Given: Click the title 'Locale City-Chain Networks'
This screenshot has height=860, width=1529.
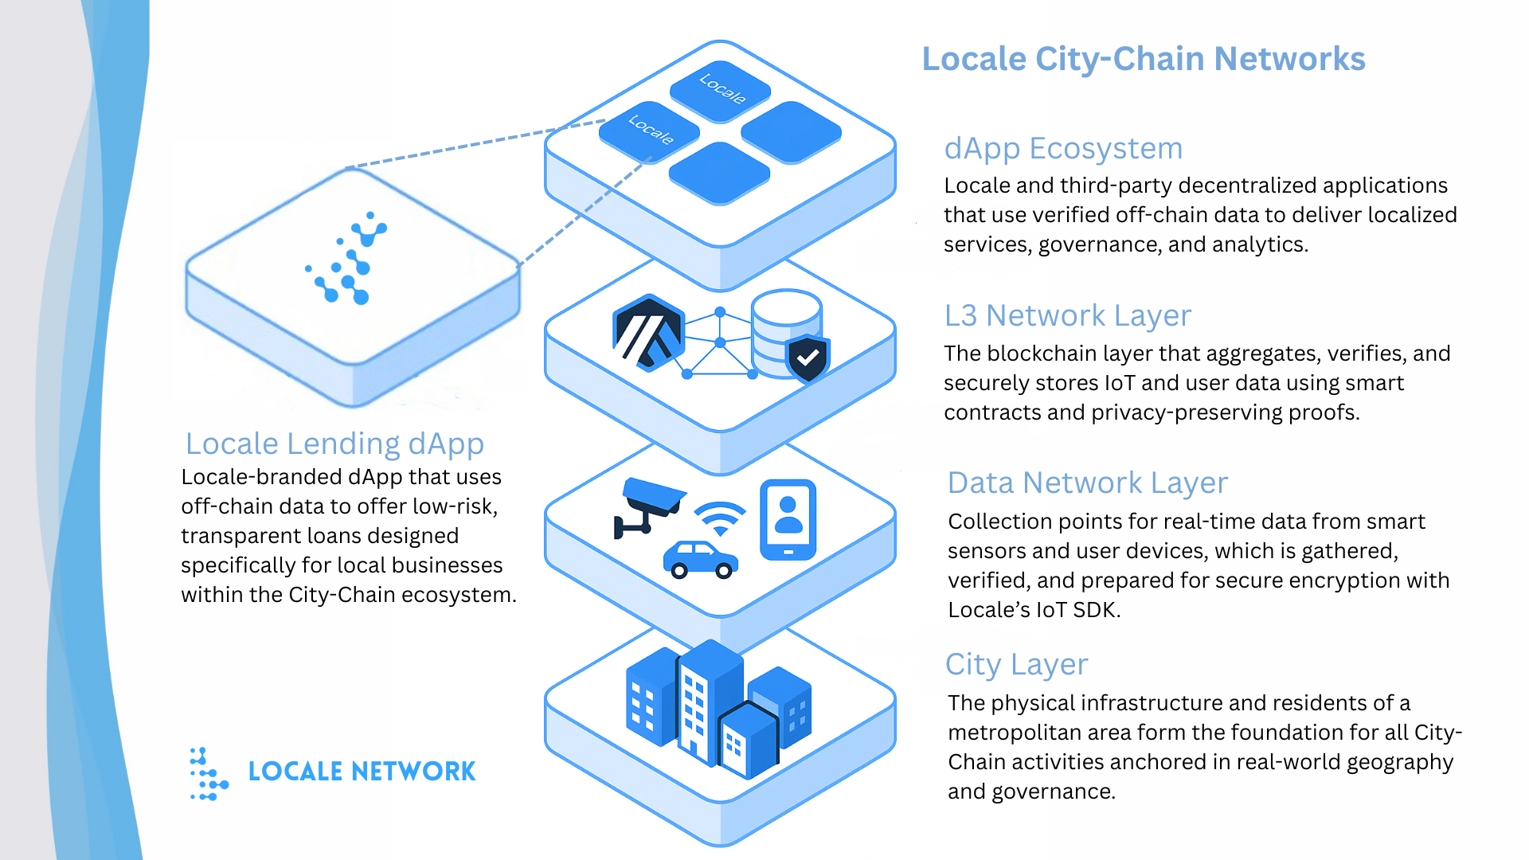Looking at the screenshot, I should [1143, 60].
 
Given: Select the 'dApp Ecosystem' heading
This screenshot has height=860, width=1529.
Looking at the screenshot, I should [1063, 149].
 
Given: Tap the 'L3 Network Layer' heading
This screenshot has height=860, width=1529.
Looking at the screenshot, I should [1067, 316].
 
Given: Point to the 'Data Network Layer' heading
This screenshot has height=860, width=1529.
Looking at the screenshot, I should [1087, 483].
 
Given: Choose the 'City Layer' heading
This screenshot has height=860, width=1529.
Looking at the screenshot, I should [1016, 665].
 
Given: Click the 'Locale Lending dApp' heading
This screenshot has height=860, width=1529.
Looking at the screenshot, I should [334, 444].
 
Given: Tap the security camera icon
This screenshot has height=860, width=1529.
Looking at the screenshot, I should [648, 506].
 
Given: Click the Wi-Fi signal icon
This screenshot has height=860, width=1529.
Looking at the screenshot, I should [720, 518].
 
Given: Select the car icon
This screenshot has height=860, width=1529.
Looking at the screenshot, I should [701, 559].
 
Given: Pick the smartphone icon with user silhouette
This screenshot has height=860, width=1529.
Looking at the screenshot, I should [788, 519].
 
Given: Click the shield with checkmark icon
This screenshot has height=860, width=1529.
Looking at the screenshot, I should [808, 358].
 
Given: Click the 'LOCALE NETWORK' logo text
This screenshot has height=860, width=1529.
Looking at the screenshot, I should [362, 772].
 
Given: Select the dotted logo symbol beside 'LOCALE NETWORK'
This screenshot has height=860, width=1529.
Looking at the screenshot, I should [209, 773].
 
